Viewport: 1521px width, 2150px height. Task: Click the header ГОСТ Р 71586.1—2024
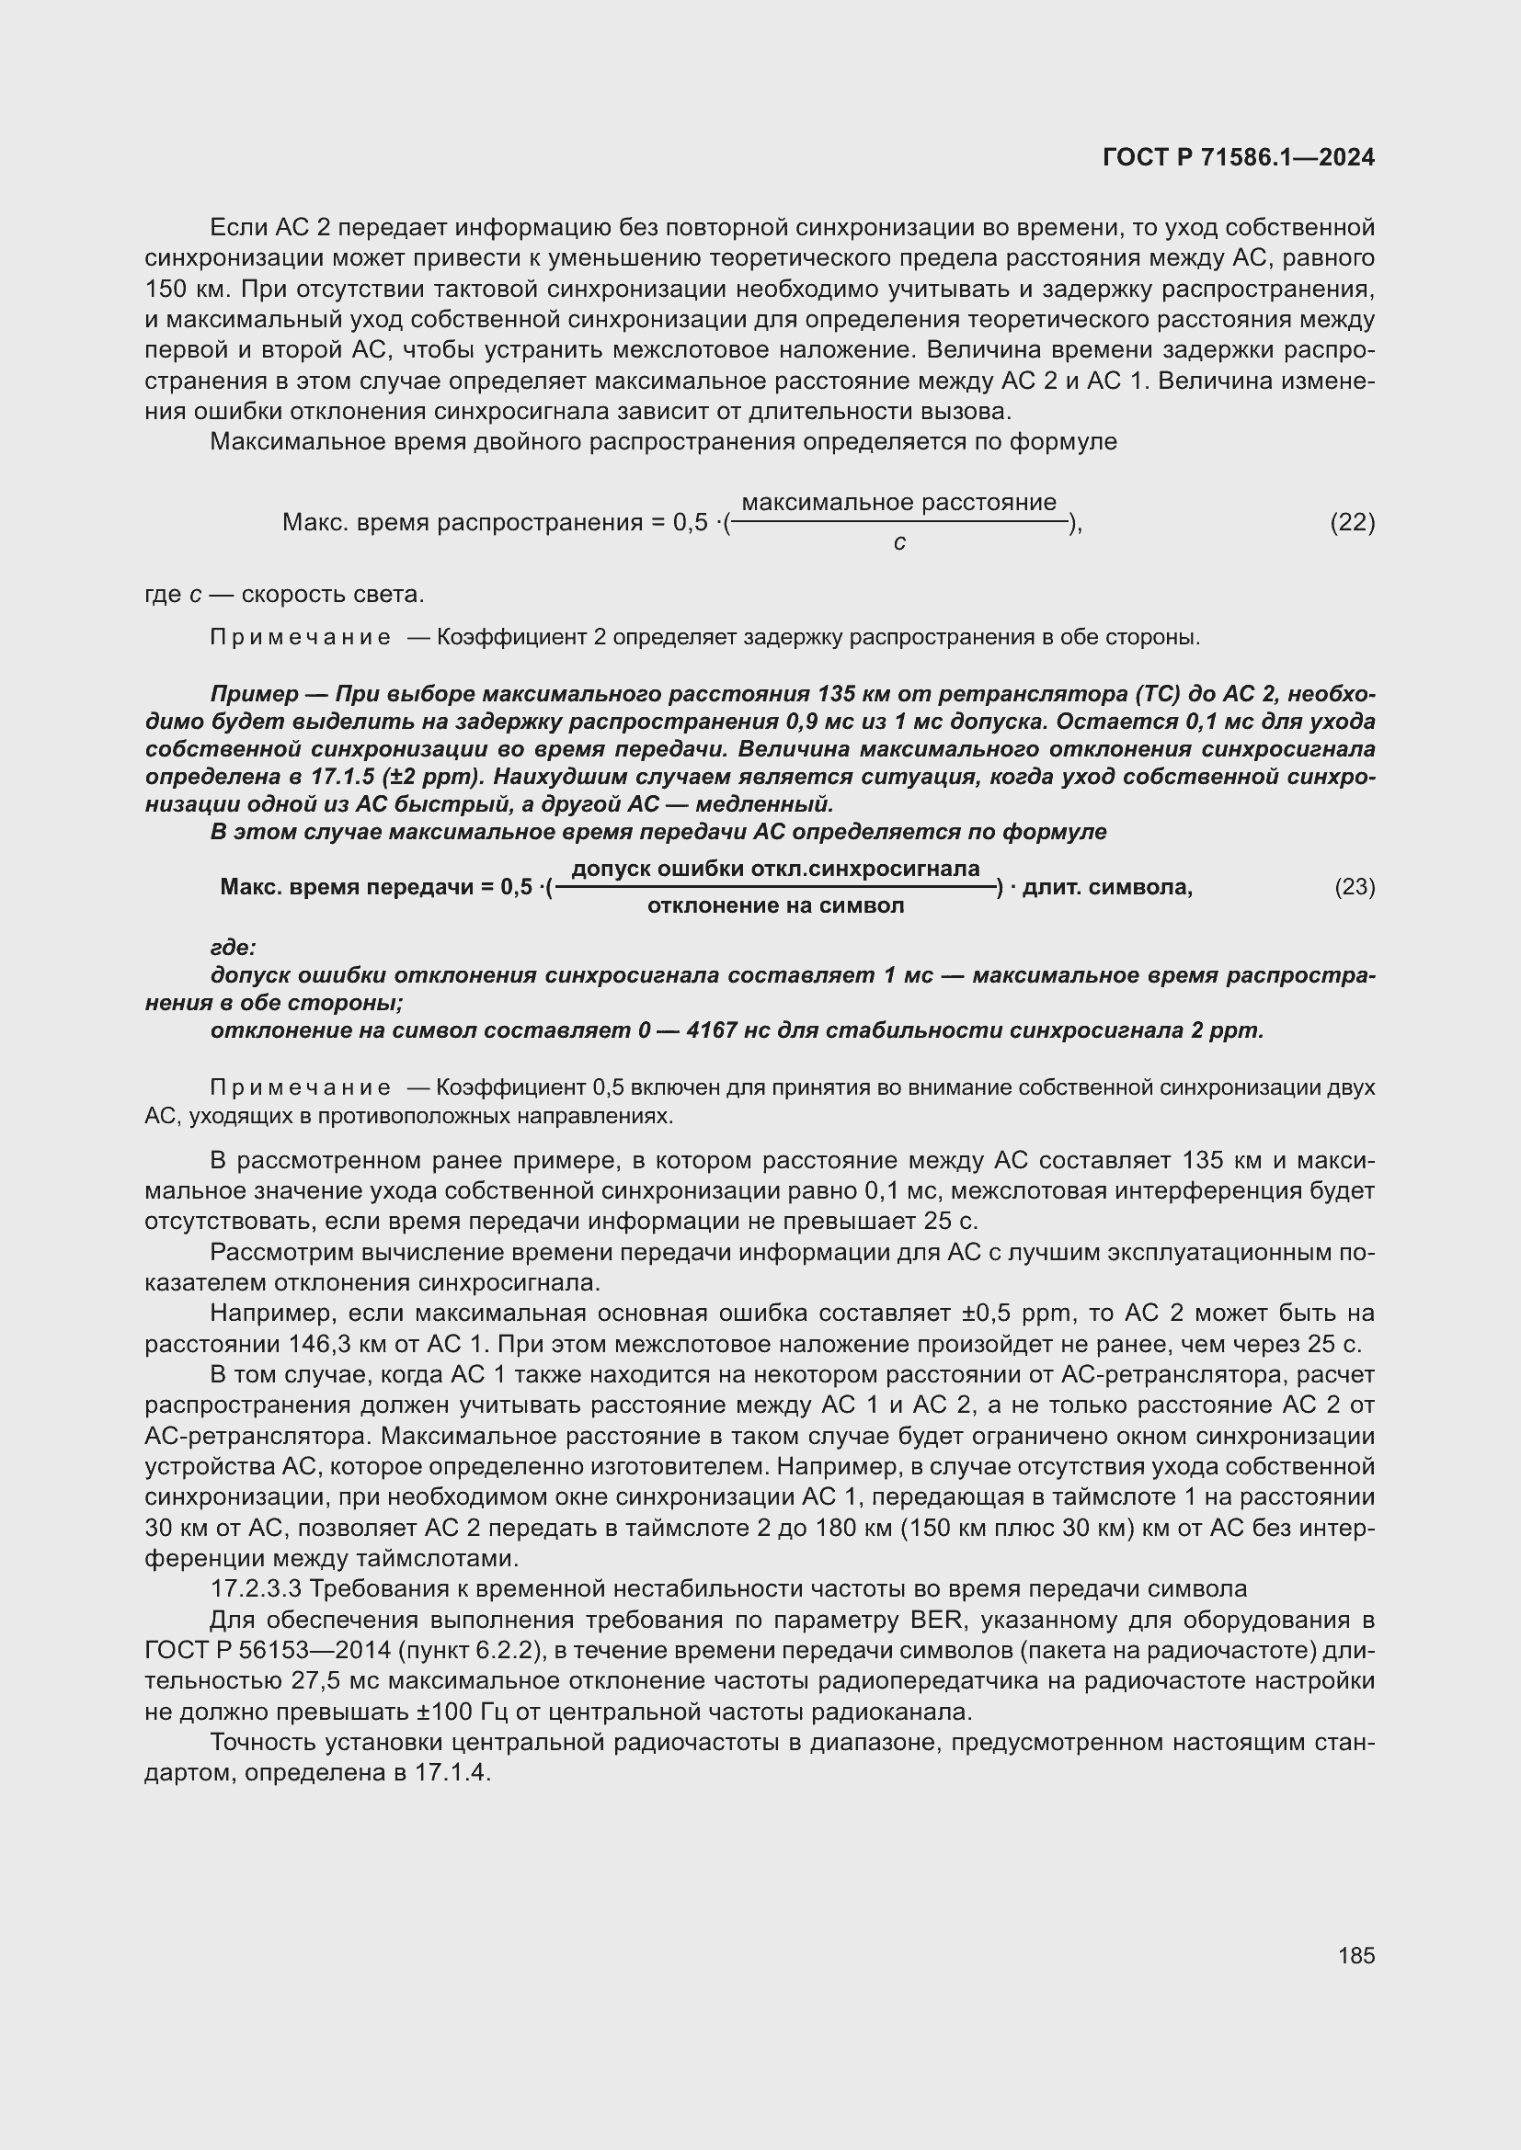click(x=1238, y=157)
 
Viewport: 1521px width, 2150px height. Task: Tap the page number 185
click(x=1356, y=1955)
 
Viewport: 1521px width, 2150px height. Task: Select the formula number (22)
click(x=1353, y=522)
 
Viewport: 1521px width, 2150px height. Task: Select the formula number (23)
click(x=1355, y=886)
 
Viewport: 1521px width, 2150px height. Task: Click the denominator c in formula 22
click(x=899, y=542)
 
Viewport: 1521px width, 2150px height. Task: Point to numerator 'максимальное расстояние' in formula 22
click(x=899, y=503)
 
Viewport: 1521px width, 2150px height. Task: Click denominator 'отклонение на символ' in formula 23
click(x=775, y=905)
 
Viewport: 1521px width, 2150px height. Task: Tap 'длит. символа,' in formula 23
click(x=1107, y=886)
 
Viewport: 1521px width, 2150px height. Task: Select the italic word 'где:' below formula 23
click(x=234, y=948)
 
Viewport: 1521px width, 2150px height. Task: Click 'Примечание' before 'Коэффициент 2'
click(x=301, y=638)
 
